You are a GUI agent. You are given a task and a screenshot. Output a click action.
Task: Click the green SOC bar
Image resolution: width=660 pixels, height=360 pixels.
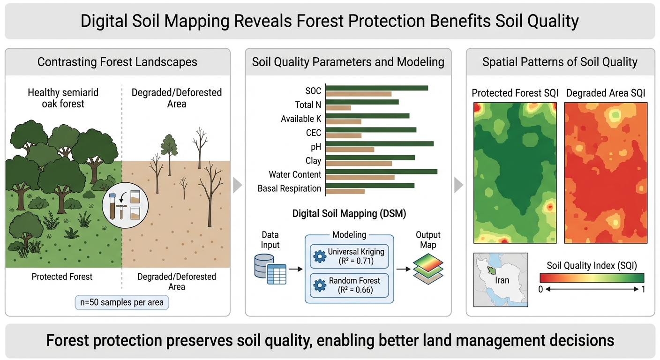377,88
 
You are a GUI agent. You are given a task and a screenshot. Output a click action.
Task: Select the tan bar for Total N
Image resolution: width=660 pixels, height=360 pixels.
338,108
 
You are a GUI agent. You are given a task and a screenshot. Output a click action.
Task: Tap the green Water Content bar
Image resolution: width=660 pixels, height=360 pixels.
382,172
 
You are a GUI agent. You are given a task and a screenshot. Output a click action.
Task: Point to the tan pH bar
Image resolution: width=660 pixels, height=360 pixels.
350,150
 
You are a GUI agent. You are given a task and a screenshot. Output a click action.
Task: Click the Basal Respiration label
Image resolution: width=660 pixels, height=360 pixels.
289,188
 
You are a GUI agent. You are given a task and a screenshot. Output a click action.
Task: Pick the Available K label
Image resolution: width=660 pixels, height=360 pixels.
301,119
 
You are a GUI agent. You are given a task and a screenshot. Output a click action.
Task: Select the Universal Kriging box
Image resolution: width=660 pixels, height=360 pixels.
349,256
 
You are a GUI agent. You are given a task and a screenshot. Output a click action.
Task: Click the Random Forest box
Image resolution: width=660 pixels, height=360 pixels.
349,285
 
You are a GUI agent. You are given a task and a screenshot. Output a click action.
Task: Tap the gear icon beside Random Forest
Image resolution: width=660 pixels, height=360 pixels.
320,285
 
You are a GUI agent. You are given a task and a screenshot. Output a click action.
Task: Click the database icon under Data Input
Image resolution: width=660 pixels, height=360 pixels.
270,269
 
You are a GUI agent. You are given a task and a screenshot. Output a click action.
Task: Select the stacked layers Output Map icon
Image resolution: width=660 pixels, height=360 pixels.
428,269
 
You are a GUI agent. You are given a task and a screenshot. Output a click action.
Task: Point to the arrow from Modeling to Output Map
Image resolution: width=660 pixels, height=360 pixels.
404,269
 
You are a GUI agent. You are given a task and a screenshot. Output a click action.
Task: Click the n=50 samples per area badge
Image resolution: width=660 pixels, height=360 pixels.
122,302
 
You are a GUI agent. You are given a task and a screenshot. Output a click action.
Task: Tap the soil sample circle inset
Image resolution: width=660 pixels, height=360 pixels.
125,205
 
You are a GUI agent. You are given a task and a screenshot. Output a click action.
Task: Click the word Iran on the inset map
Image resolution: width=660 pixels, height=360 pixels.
502,280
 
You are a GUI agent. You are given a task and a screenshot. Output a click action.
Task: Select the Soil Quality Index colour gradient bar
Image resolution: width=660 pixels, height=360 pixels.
592,278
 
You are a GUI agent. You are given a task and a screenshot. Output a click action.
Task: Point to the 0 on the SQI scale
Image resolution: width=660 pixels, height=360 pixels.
540,289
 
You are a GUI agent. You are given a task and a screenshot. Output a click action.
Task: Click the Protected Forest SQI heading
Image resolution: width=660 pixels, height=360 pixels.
515,93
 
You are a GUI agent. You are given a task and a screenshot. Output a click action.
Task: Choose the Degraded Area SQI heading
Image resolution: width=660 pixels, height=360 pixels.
606,93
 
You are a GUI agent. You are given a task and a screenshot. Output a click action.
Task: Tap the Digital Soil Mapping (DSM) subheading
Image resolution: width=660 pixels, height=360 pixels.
349,213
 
